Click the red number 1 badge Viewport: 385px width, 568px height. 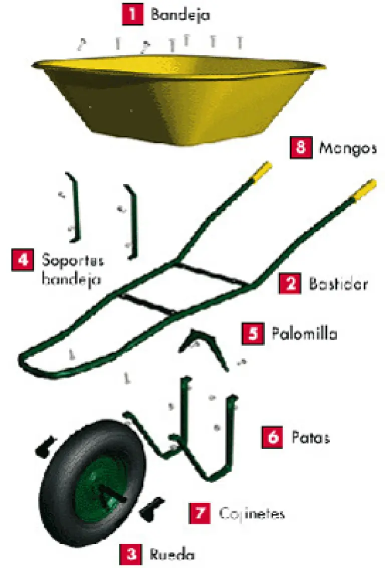click(132, 15)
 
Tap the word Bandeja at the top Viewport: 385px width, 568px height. click(180, 15)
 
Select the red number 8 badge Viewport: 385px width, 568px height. click(301, 148)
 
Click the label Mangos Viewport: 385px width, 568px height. click(348, 148)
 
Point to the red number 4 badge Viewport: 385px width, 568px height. click(23, 259)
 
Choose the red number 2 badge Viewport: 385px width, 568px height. click(290, 283)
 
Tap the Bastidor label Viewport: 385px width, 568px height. click(338, 283)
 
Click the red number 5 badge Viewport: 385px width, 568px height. click(253, 333)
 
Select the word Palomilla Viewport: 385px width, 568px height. click(304, 333)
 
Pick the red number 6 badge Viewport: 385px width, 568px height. click(273, 438)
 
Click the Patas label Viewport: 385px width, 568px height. click(310, 438)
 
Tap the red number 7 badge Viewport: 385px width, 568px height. click(200, 513)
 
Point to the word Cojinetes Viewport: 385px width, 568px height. click(252, 514)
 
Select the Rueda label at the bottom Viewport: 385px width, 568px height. click(172, 554)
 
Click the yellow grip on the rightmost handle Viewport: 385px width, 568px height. click(363, 189)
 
